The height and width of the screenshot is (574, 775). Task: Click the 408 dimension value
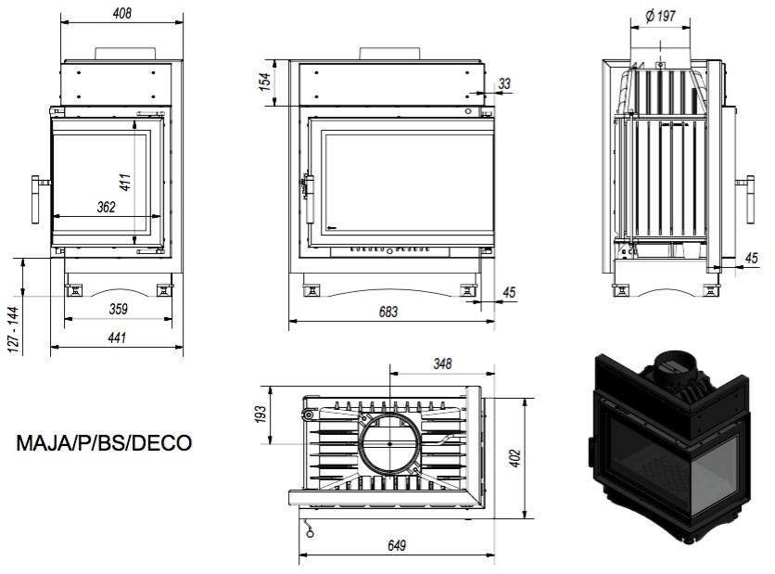(x=121, y=14)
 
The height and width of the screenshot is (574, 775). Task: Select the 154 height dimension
(x=265, y=82)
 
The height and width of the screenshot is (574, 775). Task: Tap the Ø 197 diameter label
(x=662, y=15)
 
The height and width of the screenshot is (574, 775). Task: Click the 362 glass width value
(x=105, y=207)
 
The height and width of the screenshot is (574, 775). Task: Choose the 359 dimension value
(x=118, y=309)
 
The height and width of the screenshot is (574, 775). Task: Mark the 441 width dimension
(x=117, y=338)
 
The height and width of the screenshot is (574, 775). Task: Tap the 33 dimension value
(x=504, y=83)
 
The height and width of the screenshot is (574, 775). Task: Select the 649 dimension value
(x=396, y=546)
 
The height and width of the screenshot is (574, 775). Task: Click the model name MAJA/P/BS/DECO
(x=104, y=443)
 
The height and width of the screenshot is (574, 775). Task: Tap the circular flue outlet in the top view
(x=390, y=444)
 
